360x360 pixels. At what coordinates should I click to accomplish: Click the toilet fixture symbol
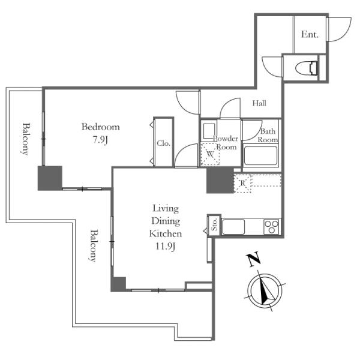306,68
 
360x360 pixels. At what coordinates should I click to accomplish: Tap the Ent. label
310,34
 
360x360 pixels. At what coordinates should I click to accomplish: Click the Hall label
259,103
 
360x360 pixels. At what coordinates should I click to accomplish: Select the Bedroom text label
101,127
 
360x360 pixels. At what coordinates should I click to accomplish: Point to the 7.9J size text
100,140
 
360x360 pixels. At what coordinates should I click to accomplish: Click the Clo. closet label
163,143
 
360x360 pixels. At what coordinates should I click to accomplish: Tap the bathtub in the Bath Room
260,155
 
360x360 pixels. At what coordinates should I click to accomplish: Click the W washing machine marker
210,154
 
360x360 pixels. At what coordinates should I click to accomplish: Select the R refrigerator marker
242,183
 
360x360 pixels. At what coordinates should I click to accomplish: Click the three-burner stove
271,227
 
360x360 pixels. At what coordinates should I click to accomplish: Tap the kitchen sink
233,227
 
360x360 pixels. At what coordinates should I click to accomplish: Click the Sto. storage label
214,225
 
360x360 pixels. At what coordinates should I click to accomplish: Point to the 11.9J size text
166,247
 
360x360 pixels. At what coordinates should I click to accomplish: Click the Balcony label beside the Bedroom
26,139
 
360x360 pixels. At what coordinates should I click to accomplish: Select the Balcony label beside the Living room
94,245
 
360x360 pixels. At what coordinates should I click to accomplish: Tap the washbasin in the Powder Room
209,131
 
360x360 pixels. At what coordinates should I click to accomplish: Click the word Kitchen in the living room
166,233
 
